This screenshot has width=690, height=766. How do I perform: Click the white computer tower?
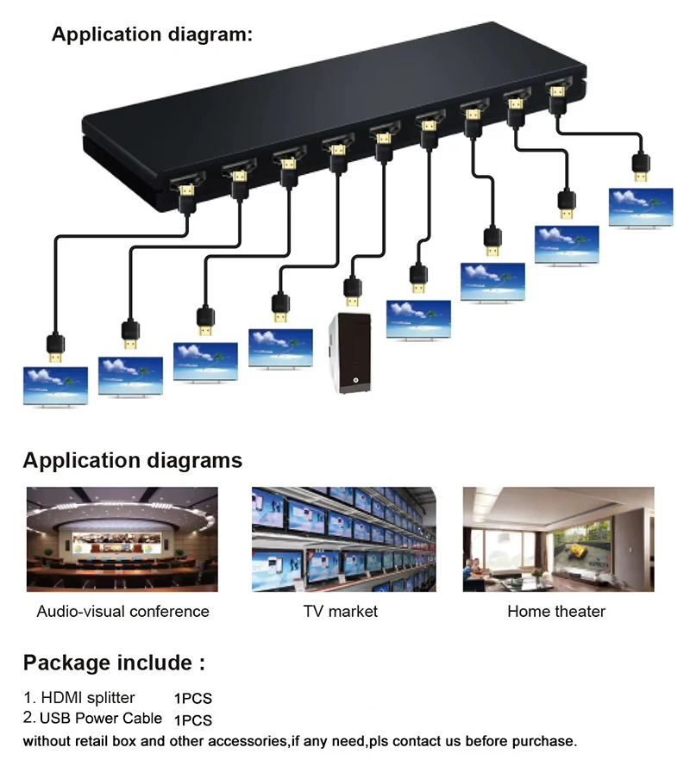tap(351, 354)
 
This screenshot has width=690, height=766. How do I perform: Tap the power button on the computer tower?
tap(354, 379)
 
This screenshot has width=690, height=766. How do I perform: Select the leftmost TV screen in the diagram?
tap(55, 386)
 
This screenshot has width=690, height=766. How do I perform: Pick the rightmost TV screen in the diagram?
tap(641, 207)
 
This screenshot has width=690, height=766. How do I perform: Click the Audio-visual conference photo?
tap(122, 539)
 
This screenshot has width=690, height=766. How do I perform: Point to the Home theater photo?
tap(556, 539)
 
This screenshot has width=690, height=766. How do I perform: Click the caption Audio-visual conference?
tap(122, 612)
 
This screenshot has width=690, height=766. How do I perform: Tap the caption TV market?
tap(341, 612)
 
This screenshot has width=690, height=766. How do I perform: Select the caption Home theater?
tap(556, 612)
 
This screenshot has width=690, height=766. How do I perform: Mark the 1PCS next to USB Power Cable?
tap(193, 719)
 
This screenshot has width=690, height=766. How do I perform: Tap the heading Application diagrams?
tap(133, 460)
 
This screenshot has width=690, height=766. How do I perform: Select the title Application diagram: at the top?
tap(153, 34)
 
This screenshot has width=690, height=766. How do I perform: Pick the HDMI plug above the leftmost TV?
tap(55, 345)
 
